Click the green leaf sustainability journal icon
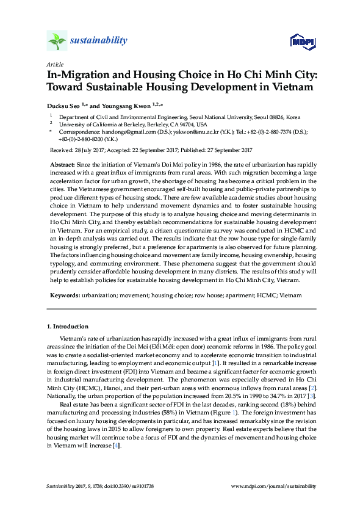tap(57, 41)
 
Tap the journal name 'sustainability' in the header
tap(99, 40)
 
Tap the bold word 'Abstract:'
tap(63, 166)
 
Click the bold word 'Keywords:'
tap(64, 294)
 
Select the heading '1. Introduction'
tap(67, 327)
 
